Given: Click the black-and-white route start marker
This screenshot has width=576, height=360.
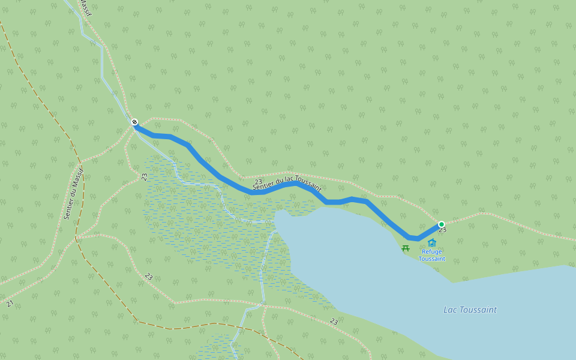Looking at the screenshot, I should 134,122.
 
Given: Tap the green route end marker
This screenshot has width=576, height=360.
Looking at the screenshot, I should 442,224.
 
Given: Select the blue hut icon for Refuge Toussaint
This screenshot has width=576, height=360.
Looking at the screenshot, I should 432,243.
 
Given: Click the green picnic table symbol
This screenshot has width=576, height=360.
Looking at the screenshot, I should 406,248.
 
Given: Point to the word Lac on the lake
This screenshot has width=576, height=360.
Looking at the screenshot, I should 451,310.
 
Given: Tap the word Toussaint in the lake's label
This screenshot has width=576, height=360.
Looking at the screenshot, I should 479,310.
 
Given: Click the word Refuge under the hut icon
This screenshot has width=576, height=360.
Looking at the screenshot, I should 432,252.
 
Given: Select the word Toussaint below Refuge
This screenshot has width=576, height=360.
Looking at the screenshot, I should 432,259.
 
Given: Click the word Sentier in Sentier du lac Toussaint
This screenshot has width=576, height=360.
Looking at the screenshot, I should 264,187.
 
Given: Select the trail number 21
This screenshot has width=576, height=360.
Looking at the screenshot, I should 10,304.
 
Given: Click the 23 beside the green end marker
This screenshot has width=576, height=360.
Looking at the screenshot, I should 442,230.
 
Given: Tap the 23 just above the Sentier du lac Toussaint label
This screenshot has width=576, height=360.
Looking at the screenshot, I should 259,182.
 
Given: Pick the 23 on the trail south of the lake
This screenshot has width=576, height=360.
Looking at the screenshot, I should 334,322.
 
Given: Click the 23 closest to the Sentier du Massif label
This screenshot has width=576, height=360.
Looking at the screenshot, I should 145,177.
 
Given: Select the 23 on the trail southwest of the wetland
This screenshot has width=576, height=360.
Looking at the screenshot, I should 148,277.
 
